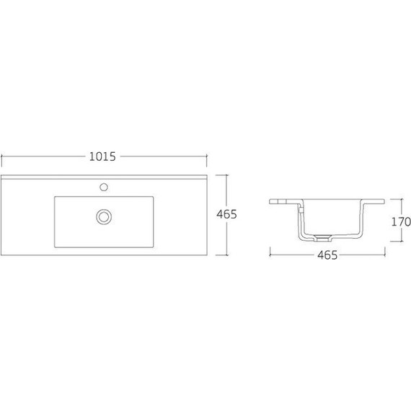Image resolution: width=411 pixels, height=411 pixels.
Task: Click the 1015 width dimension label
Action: (102, 156)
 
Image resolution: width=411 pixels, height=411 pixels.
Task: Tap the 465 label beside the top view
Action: (226, 214)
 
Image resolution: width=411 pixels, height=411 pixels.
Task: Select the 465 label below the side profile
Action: (327, 255)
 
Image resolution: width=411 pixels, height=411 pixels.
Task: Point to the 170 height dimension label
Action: (401, 222)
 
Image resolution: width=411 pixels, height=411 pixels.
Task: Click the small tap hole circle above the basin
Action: (104, 187)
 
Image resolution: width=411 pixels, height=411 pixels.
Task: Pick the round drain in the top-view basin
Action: (104, 217)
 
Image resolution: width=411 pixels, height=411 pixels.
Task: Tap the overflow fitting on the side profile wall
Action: (301, 210)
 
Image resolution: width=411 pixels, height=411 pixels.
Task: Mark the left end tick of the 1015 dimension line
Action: (2, 160)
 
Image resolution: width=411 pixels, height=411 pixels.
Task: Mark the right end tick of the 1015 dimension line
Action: (207, 160)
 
